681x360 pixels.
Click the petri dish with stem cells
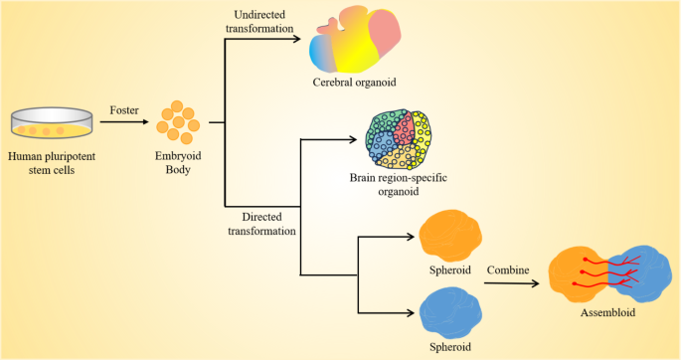[x=52, y=125]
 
